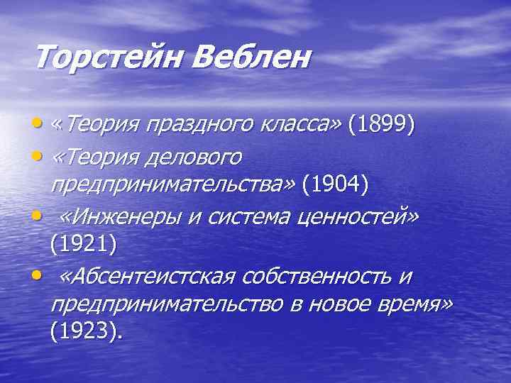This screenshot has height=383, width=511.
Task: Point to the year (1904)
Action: pyautogui.click(x=335, y=186)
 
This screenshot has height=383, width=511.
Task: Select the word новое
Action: pyautogui.click(x=341, y=304)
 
